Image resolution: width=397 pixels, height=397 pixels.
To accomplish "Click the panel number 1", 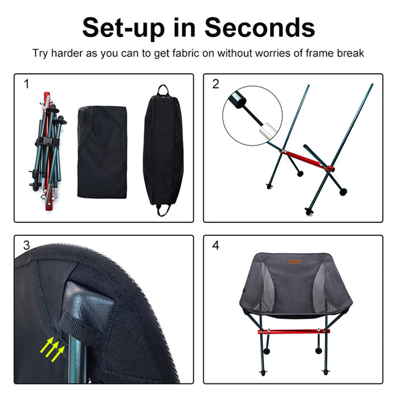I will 26,85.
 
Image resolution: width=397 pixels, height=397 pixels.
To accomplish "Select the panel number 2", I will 216,85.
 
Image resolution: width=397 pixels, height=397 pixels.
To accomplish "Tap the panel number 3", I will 26,246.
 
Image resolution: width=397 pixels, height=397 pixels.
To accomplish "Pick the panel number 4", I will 216,246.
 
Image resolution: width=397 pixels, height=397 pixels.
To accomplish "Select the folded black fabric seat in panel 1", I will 102,150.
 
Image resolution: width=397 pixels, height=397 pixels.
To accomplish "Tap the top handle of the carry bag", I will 163,90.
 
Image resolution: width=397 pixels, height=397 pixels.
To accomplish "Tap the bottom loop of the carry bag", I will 164,212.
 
